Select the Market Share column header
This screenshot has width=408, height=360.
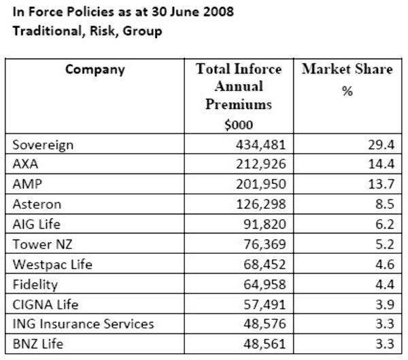[x=347, y=69]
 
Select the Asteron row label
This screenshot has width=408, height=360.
[x=37, y=204]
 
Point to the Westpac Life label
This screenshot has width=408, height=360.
[x=50, y=263]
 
